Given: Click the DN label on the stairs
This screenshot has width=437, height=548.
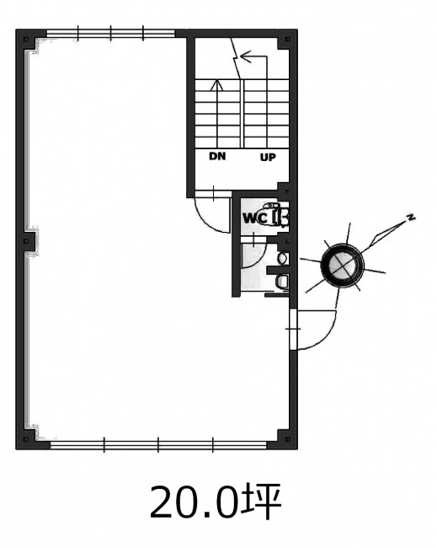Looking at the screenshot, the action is [217, 156].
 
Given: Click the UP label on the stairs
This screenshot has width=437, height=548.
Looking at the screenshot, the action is [268, 158].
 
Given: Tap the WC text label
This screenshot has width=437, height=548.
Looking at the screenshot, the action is [255, 218].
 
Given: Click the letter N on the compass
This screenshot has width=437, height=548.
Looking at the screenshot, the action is [411, 218].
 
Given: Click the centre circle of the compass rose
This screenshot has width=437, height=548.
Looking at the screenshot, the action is [342, 266].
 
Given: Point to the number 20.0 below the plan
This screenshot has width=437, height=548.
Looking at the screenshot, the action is [193, 502].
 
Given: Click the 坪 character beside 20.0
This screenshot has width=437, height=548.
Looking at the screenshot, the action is [260, 502].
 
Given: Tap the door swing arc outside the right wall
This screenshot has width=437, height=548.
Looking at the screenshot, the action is [325, 336].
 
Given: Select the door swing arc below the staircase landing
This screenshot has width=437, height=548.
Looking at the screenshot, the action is [206, 220].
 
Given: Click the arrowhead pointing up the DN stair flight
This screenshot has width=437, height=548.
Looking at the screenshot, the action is [216, 85].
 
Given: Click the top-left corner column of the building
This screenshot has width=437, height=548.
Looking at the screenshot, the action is [27, 40].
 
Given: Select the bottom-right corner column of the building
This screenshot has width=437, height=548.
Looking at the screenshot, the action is [287, 438].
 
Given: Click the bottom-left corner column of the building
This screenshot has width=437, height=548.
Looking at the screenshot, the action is [27, 438].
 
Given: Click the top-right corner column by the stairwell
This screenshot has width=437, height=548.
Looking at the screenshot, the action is [287, 40].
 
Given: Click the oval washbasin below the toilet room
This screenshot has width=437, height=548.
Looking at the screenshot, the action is [282, 259].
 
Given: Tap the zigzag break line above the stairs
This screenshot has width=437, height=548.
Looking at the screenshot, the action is [236, 57].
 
